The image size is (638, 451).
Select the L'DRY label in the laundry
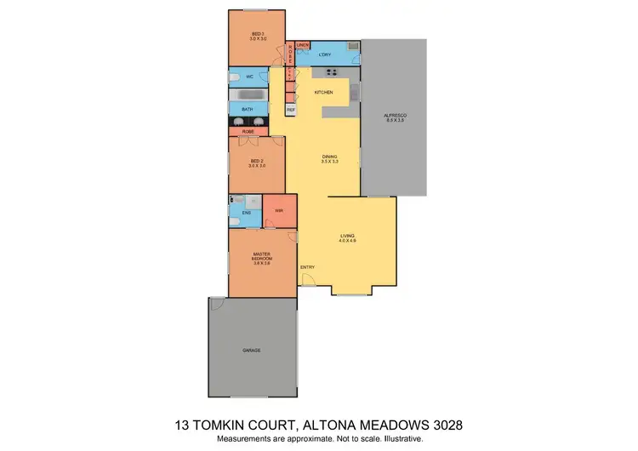[324, 55]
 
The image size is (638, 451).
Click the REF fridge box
[290, 110]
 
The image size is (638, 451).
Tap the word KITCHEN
[323, 92]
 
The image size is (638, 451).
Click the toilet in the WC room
[236, 77]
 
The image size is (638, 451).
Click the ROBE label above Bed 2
[248, 132]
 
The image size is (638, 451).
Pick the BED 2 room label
[257, 163]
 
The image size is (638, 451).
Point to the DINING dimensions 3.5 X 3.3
[328, 161]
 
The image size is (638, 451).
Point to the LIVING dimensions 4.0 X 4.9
[348, 241]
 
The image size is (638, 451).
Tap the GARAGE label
[252, 351]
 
